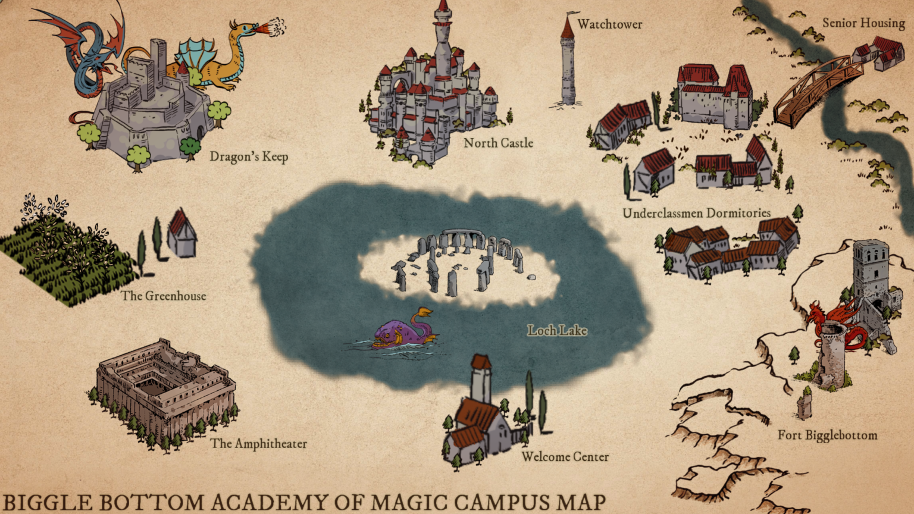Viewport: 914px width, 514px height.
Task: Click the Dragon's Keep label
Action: (x=249, y=156)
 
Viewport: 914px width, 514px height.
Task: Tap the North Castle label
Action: (x=498, y=143)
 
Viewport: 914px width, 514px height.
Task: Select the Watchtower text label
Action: (x=609, y=24)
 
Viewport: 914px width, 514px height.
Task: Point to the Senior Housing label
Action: (x=863, y=23)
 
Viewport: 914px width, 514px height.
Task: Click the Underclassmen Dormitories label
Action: (x=696, y=213)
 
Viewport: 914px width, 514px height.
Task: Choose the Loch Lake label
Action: (x=557, y=331)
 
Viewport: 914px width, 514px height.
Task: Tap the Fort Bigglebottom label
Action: (x=827, y=435)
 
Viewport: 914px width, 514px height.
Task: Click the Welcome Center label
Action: (x=565, y=457)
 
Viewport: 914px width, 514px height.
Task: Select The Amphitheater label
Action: (x=258, y=444)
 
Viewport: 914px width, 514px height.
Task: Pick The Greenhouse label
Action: (x=164, y=296)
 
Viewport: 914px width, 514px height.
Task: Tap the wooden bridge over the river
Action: (x=818, y=89)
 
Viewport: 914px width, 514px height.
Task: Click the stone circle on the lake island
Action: (x=458, y=262)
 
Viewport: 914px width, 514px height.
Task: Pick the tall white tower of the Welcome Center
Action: (x=481, y=381)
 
